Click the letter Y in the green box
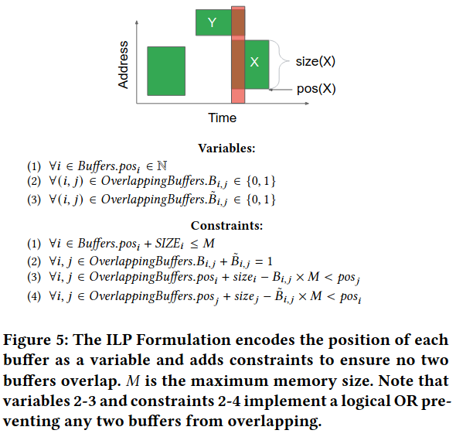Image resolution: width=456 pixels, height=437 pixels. pos(213,22)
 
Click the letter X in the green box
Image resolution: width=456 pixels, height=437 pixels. pos(254,62)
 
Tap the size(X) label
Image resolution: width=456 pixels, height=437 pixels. pos(315,61)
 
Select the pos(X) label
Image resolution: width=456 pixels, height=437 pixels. pos(316,89)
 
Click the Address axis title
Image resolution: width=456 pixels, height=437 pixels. pos(124,65)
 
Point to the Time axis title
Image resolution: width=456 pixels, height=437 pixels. pos(222,118)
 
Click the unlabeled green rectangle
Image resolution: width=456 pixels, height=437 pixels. pos(166,71)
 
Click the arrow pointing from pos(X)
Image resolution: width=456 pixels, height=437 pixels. pos(281,90)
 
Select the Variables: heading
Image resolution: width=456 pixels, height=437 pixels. pos(226,148)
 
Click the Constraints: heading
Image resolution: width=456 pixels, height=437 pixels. pos(226,226)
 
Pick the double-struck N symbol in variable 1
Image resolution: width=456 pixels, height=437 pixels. pos(162,166)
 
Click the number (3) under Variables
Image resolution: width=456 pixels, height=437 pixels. pos(34,200)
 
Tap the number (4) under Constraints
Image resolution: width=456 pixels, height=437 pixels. pos(34,296)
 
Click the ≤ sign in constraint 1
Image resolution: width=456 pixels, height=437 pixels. pos(194,244)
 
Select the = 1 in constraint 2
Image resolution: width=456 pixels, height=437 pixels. pos(264,261)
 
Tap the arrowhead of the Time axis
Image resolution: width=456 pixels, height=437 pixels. pos(307,104)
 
